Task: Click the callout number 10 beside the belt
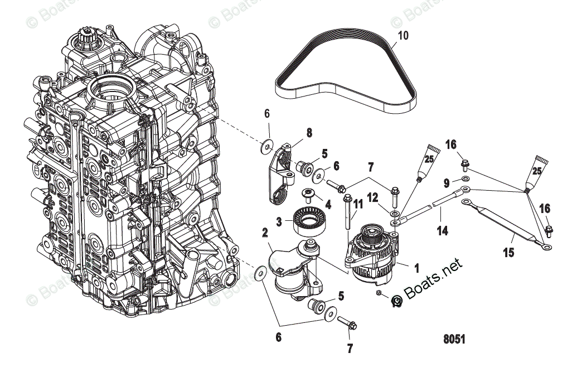403,36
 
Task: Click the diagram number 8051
455,339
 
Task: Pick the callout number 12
373,197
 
